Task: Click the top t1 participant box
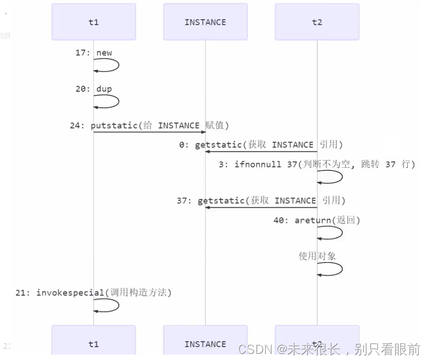pyautogui.click(x=93, y=22)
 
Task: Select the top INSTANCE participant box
pyautogui.click(x=205, y=22)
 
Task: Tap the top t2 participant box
pyautogui.click(x=317, y=22)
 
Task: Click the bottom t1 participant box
pyautogui.click(x=93, y=344)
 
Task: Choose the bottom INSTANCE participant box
pyautogui.click(x=205, y=344)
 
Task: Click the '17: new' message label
pyautogui.click(x=93, y=53)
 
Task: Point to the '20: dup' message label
pyautogui.click(x=93, y=89)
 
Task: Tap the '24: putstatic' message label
pyautogui.click(x=149, y=125)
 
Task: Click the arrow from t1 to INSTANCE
pyautogui.click(x=149, y=132)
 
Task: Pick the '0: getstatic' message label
pyautogui.click(x=261, y=145)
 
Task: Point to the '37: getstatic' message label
pyautogui.click(x=261, y=201)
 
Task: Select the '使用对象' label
pyautogui.click(x=317, y=256)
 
